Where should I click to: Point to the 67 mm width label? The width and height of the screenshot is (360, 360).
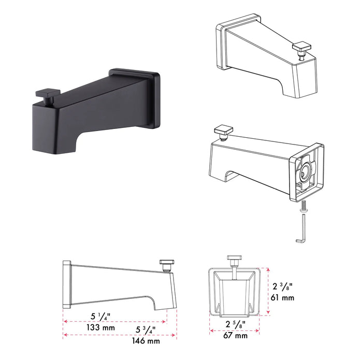pos(236,336)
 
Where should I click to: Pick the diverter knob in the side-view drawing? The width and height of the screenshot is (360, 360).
pos(166,265)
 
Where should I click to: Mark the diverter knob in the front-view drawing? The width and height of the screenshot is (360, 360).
pos(234,260)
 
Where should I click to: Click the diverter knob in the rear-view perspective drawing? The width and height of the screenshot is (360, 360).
pos(225,130)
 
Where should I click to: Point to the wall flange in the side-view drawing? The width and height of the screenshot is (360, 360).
pos(66,284)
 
